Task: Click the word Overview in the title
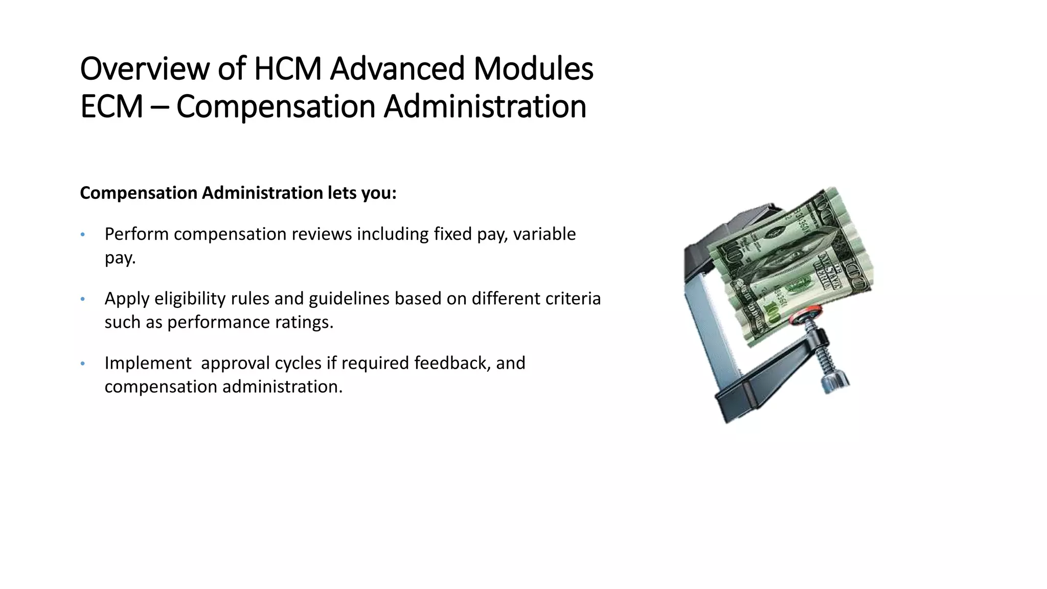click(x=145, y=69)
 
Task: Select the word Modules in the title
click(x=533, y=69)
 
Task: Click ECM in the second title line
click(x=111, y=107)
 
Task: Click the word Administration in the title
click(x=485, y=107)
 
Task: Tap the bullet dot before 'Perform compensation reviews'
click(x=82, y=235)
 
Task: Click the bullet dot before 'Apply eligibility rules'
click(x=82, y=300)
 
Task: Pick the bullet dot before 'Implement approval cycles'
click(x=82, y=364)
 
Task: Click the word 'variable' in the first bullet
click(x=544, y=234)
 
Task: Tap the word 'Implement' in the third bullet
click(x=148, y=363)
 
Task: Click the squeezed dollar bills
click(x=792, y=256)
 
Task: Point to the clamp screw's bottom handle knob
click(x=834, y=382)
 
